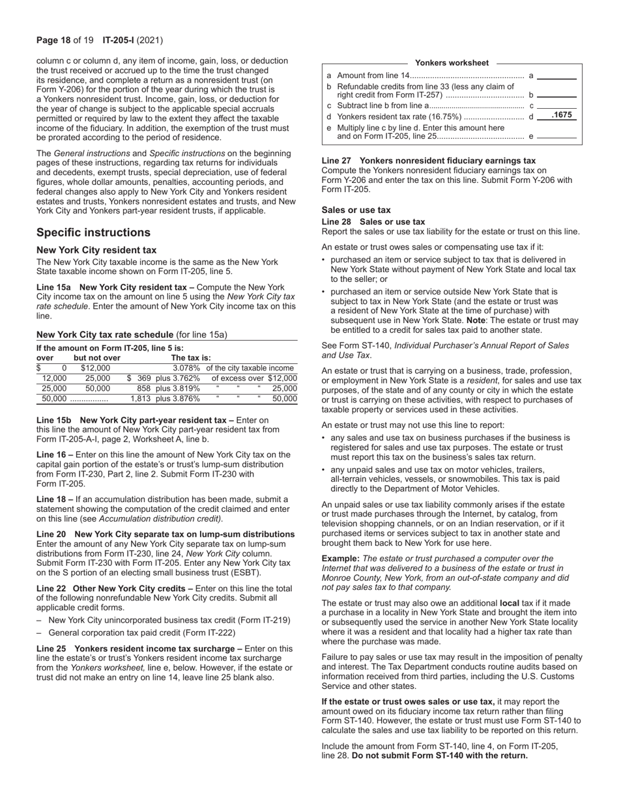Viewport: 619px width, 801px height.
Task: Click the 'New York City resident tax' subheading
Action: [96, 250]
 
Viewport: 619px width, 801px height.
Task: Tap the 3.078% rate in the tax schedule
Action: [186, 369]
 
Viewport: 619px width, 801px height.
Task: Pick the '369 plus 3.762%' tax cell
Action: [167, 378]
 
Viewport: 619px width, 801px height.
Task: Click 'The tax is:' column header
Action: [190, 358]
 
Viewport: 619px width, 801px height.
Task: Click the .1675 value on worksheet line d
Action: [561, 115]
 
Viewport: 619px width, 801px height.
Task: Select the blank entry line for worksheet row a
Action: [556, 77]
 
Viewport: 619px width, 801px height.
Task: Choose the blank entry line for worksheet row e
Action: [556, 137]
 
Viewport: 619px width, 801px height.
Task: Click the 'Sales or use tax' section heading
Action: [356, 210]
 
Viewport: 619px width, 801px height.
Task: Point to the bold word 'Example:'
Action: [341, 558]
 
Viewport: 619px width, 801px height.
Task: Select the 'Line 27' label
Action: [338, 161]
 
